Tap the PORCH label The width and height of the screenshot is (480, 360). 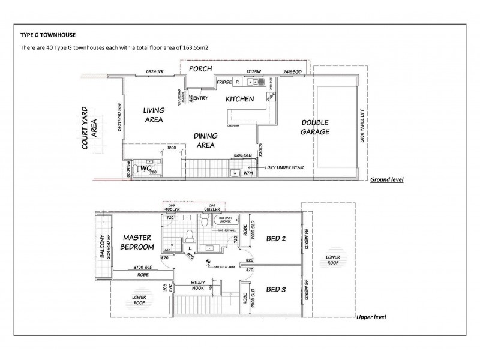coord(200,69)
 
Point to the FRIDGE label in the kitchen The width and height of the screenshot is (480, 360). coord(224,82)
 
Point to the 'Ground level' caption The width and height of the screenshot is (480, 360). coord(386,179)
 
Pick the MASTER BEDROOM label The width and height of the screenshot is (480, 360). coord(137,242)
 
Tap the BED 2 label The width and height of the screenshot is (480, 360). coord(277,239)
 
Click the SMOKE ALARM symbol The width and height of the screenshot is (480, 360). coord(207,262)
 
